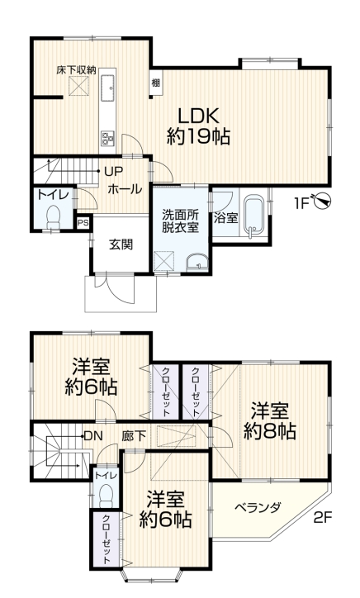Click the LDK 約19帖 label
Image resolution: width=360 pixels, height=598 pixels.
pyautogui.click(x=198, y=126)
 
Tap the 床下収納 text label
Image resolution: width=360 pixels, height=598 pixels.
pyautogui.click(x=76, y=70)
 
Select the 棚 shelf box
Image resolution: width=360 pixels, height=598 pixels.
pyautogui.click(x=155, y=83)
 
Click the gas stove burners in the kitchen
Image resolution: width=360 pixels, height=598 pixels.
pyautogui.click(x=107, y=138)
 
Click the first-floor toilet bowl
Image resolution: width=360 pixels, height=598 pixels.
pyautogui.click(x=53, y=216)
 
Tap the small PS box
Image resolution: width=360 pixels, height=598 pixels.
pyautogui.click(x=83, y=223)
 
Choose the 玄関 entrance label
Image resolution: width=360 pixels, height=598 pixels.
pyautogui.click(x=121, y=244)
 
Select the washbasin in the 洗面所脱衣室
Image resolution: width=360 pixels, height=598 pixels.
pyautogui.click(x=197, y=263)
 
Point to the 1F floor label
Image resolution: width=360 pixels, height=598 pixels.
pyautogui.click(x=301, y=204)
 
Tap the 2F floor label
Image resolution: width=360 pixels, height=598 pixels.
pyautogui.click(x=323, y=518)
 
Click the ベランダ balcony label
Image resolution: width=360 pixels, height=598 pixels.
pyautogui.click(x=258, y=508)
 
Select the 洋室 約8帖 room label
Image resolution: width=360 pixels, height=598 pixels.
pyautogui.click(x=270, y=420)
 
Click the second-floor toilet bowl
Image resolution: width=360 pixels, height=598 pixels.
pyautogui.click(x=106, y=496)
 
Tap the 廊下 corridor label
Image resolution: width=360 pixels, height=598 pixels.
pyautogui.click(x=134, y=435)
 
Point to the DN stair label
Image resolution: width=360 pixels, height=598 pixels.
pyautogui.click(x=93, y=435)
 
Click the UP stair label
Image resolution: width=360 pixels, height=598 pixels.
pyautogui.click(x=114, y=172)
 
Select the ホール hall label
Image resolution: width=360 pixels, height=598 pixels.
pyautogui.click(x=125, y=189)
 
